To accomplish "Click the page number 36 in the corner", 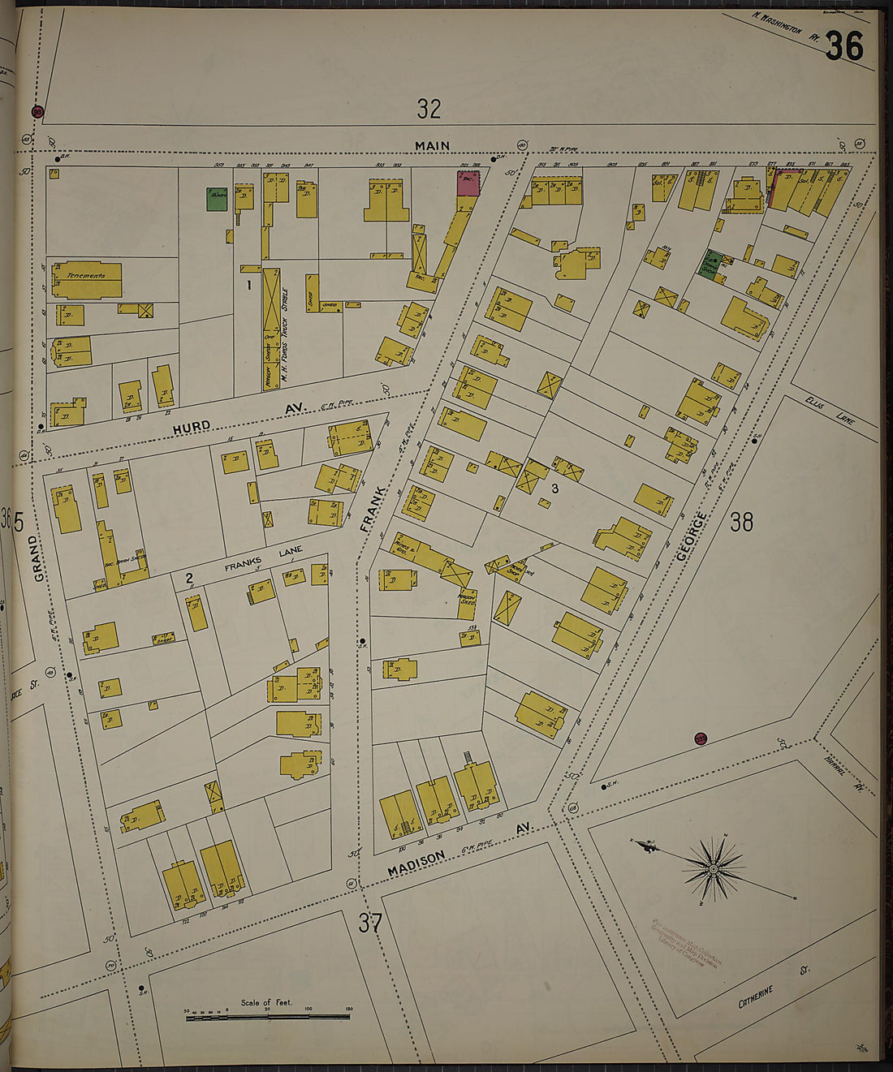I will point(844,46).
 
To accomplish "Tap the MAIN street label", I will point(432,146).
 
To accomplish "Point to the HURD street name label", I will point(192,426).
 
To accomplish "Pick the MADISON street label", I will point(416,863).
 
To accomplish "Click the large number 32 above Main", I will point(429,108).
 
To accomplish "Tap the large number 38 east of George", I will point(741,521).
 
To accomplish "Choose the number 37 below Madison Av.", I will point(369,923).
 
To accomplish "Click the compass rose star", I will point(713,868).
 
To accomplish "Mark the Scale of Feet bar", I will point(268,1015).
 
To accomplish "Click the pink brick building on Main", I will point(468,183).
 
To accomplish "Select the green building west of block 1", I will point(216,200).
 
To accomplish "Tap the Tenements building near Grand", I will point(87,280).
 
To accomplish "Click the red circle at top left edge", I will point(37,112).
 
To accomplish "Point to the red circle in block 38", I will point(701,738).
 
